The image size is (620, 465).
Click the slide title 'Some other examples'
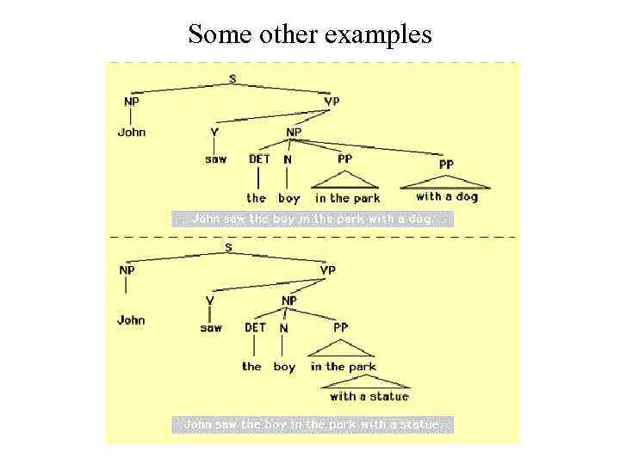[310, 34]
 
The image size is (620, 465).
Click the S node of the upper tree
[232, 78]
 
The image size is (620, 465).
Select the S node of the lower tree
[228, 248]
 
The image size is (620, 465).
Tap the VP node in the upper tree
[332, 102]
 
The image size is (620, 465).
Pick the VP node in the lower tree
[328, 270]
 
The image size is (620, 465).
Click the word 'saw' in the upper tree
[215, 159]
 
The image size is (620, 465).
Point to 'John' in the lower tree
[131, 320]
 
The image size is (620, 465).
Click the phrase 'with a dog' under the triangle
[446, 196]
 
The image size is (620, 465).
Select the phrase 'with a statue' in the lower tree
[369, 396]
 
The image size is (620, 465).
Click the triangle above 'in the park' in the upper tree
[344, 180]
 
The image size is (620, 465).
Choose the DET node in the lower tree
[256, 327]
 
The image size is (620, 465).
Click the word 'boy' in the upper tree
[288, 198]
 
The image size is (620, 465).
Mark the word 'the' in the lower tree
[251, 367]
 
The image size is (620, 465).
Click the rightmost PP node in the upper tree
[446, 164]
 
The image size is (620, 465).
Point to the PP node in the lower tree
[341, 327]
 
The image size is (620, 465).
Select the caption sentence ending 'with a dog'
[312, 219]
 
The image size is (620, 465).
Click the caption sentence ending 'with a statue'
[312, 424]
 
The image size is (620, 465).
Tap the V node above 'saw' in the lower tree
[210, 301]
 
